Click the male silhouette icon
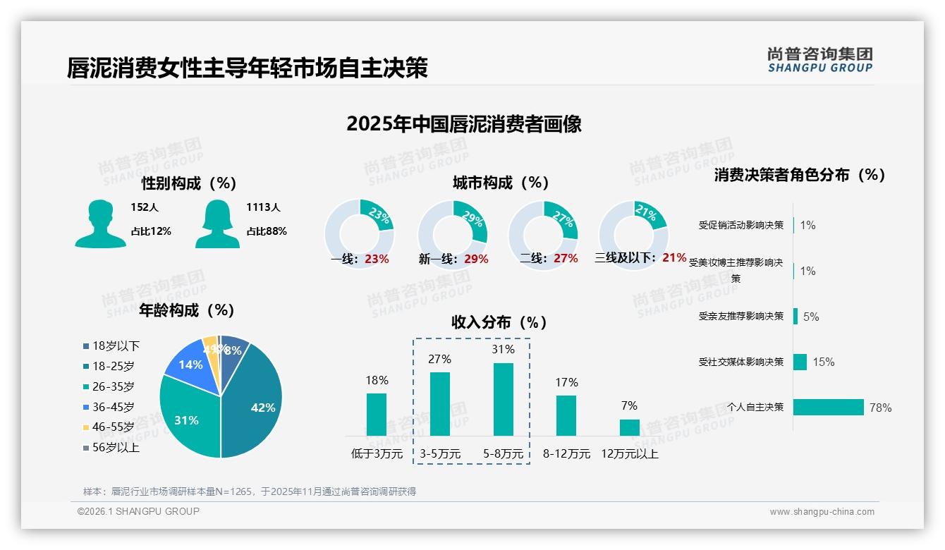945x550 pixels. tap(100, 224)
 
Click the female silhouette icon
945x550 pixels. tap(217, 224)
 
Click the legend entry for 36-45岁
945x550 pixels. tap(113, 407)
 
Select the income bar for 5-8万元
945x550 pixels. tap(503, 399)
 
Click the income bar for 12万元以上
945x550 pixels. tap(629, 427)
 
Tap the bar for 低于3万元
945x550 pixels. tap(377, 415)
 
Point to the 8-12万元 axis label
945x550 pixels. tap(566, 454)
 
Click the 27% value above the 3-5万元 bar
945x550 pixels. tap(439, 360)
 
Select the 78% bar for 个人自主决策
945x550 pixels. tap(829, 408)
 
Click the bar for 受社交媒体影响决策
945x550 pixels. tap(800, 362)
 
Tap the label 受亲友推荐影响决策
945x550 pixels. tap(741, 317)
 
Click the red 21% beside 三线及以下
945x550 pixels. tap(674, 258)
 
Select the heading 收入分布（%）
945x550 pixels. tap(499, 323)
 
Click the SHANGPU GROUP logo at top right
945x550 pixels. tap(820, 60)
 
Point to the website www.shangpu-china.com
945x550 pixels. tap(822, 512)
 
